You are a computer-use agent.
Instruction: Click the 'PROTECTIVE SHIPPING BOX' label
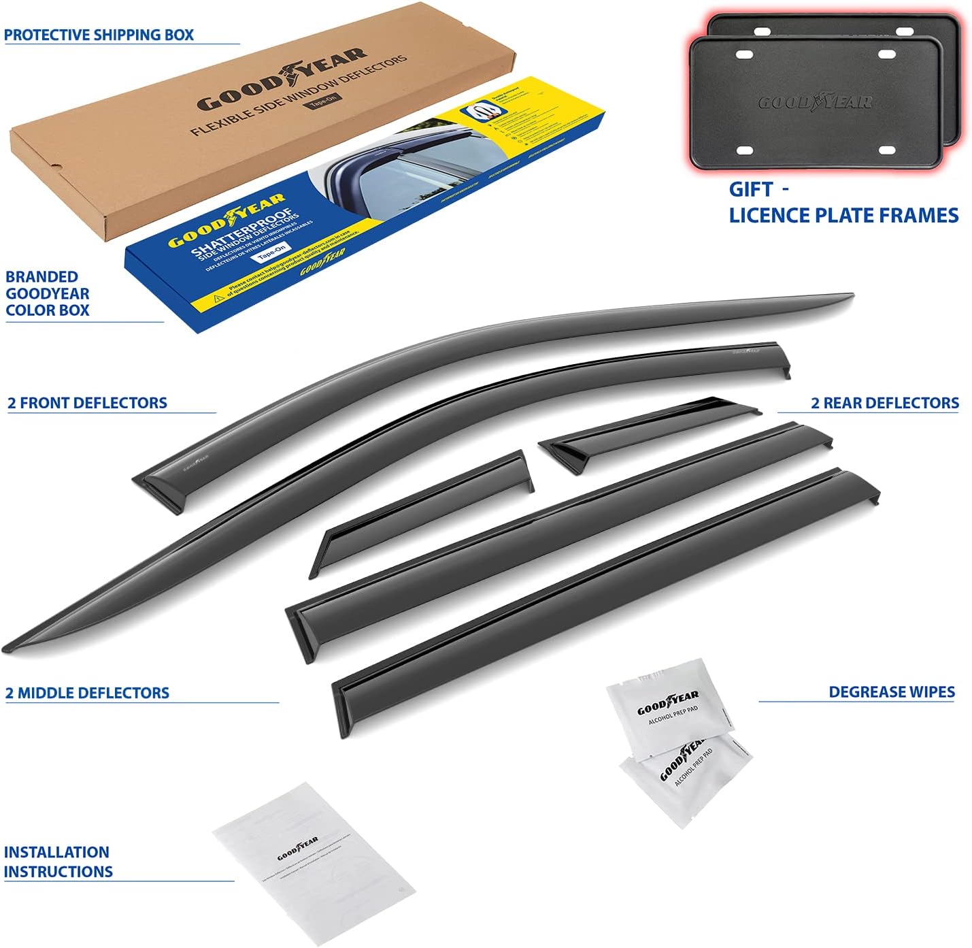pyautogui.click(x=99, y=35)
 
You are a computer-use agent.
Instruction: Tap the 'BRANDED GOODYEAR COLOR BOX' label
pyautogui.click(x=48, y=293)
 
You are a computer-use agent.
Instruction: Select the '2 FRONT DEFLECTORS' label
pyautogui.click(x=87, y=403)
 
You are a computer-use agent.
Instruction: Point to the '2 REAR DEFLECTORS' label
pyautogui.click(x=884, y=403)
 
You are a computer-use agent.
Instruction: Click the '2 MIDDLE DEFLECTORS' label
pyautogui.click(x=87, y=693)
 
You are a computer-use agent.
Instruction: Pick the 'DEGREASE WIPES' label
pyautogui.click(x=891, y=692)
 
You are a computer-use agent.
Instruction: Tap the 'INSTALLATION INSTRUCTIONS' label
pyautogui.click(x=57, y=862)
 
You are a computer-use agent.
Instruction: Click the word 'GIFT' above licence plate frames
pyautogui.click(x=751, y=189)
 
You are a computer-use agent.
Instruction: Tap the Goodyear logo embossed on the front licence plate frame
pyautogui.click(x=815, y=103)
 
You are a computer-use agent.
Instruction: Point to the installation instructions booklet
pyautogui.click(x=313, y=864)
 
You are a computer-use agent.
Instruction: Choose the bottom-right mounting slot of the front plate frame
pyautogui.click(x=887, y=150)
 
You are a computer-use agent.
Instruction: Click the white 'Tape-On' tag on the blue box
pyautogui.click(x=272, y=253)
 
